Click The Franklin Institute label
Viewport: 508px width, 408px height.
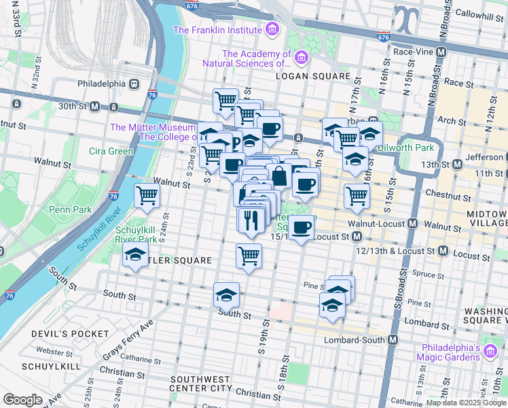[217, 30]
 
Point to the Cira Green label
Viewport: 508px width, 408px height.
[111, 151]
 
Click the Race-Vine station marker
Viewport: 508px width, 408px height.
[441, 51]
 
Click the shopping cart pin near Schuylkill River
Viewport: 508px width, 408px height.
[147, 197]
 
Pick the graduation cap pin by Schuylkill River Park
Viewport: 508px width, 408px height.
[135, 256]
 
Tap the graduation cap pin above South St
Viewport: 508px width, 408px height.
[226, 295]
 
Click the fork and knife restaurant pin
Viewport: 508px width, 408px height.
[249, 219]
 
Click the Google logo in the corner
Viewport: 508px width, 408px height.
[22, 400]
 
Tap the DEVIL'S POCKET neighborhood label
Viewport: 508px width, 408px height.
[69, 334]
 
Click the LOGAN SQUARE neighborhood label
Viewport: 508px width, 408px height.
[312, 77]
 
